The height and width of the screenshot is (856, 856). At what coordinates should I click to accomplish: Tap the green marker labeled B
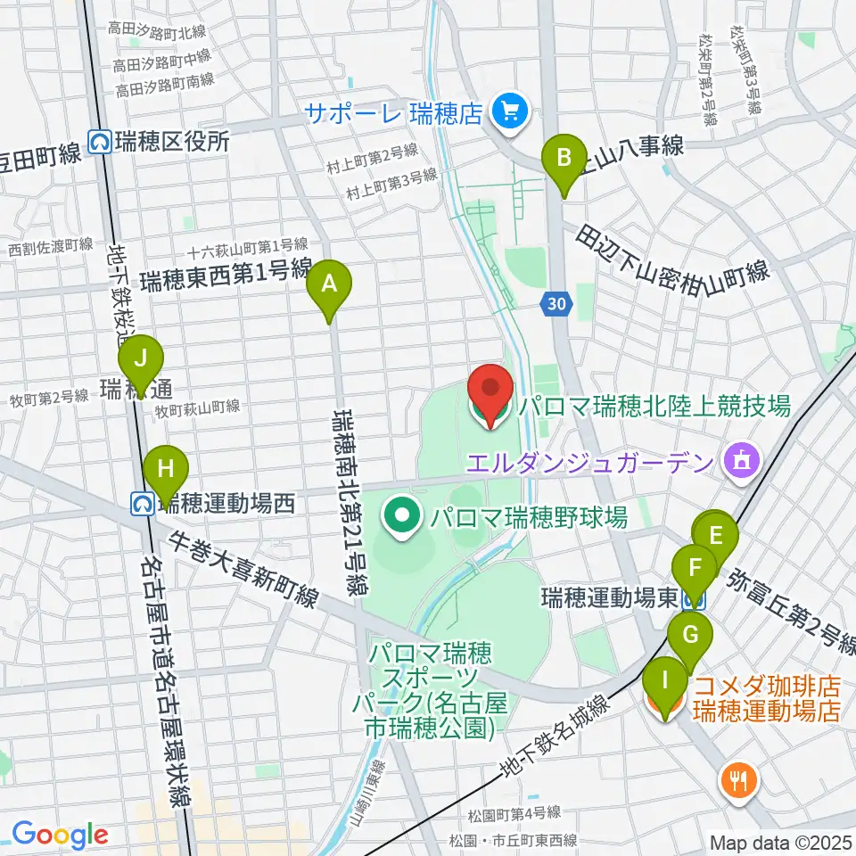[x=564, y=159]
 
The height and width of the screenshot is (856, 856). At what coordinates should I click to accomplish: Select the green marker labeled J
[x=141, y=360]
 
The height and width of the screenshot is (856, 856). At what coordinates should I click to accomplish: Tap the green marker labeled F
[x=695, y=565]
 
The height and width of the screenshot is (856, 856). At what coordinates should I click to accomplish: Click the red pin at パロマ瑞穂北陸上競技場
[x=490, y=390]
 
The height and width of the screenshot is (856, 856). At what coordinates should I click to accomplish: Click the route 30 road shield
[x=555, y=305]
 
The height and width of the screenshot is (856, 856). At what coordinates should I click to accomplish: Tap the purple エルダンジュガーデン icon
[x=741, y=461]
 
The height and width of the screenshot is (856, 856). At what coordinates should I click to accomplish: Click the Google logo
[x=60, y=835]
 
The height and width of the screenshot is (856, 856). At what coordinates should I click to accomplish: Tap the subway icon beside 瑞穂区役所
[x=100, y=141]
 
